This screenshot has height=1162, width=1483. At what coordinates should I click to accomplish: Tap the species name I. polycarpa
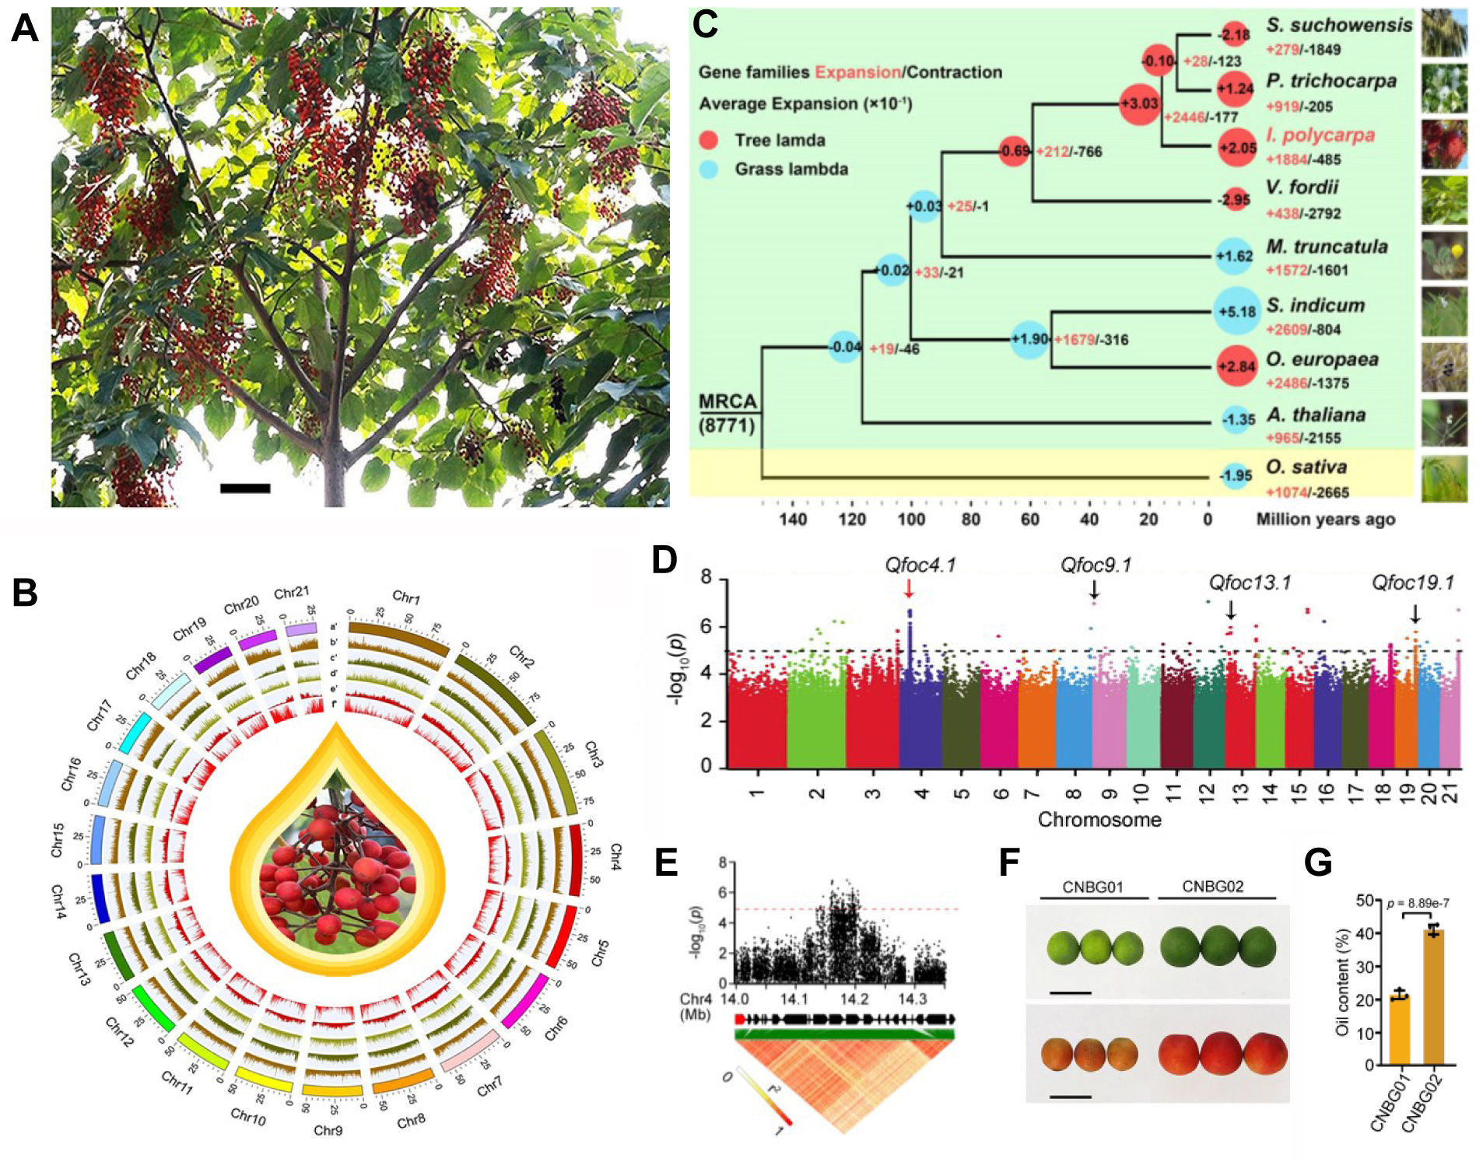(1320, 135)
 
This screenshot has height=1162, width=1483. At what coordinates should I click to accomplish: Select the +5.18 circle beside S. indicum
(1236, 311)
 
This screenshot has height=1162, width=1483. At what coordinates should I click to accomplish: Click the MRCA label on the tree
(727, 401)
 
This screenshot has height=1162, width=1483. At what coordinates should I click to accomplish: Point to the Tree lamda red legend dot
(708, 141)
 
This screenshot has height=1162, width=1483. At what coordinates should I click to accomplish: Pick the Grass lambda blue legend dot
(708, 170)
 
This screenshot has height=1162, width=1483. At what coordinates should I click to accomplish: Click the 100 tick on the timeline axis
(911, 519)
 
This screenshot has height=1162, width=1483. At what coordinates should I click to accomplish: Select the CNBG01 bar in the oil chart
(1400, 1030)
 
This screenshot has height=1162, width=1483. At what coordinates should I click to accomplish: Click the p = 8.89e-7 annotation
(1418, 904)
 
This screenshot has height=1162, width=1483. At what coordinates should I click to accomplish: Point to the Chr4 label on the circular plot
(615, 856)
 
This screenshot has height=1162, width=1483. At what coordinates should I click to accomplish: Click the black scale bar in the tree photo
(245, 488)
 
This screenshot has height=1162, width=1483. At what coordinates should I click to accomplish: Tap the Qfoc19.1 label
(1412, 583)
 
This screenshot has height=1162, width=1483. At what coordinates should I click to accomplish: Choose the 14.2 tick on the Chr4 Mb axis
(854, 999)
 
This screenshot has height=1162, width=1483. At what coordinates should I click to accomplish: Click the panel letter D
(664, 560)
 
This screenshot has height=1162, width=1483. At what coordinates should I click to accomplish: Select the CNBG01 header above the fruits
(1092, 887)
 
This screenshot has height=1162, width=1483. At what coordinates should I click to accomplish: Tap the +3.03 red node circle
(1139, 103)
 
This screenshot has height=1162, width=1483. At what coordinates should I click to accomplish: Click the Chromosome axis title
(1099, 820)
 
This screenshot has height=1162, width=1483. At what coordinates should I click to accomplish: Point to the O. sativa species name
(1306, 467)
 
